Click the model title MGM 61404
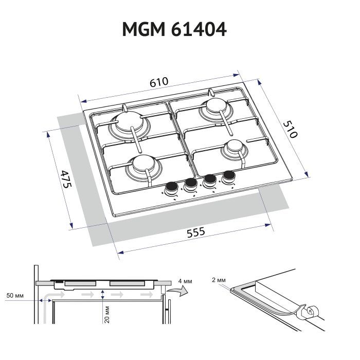click(174, 29)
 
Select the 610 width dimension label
click(159, 82)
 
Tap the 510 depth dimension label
click(290, 130)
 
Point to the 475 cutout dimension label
click(66, 179)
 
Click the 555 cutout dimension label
click(196, 232)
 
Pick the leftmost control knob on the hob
click(172, 188)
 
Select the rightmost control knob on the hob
click(229, 176)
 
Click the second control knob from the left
click(191, 184)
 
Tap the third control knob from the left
click(210, 180)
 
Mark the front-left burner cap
click(143, 164)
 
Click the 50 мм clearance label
click(15, 295)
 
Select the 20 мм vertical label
click(107, 315)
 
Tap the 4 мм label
click(185, 281)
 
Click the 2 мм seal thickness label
click(219, 280)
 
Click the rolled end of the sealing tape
click(312, 312)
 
